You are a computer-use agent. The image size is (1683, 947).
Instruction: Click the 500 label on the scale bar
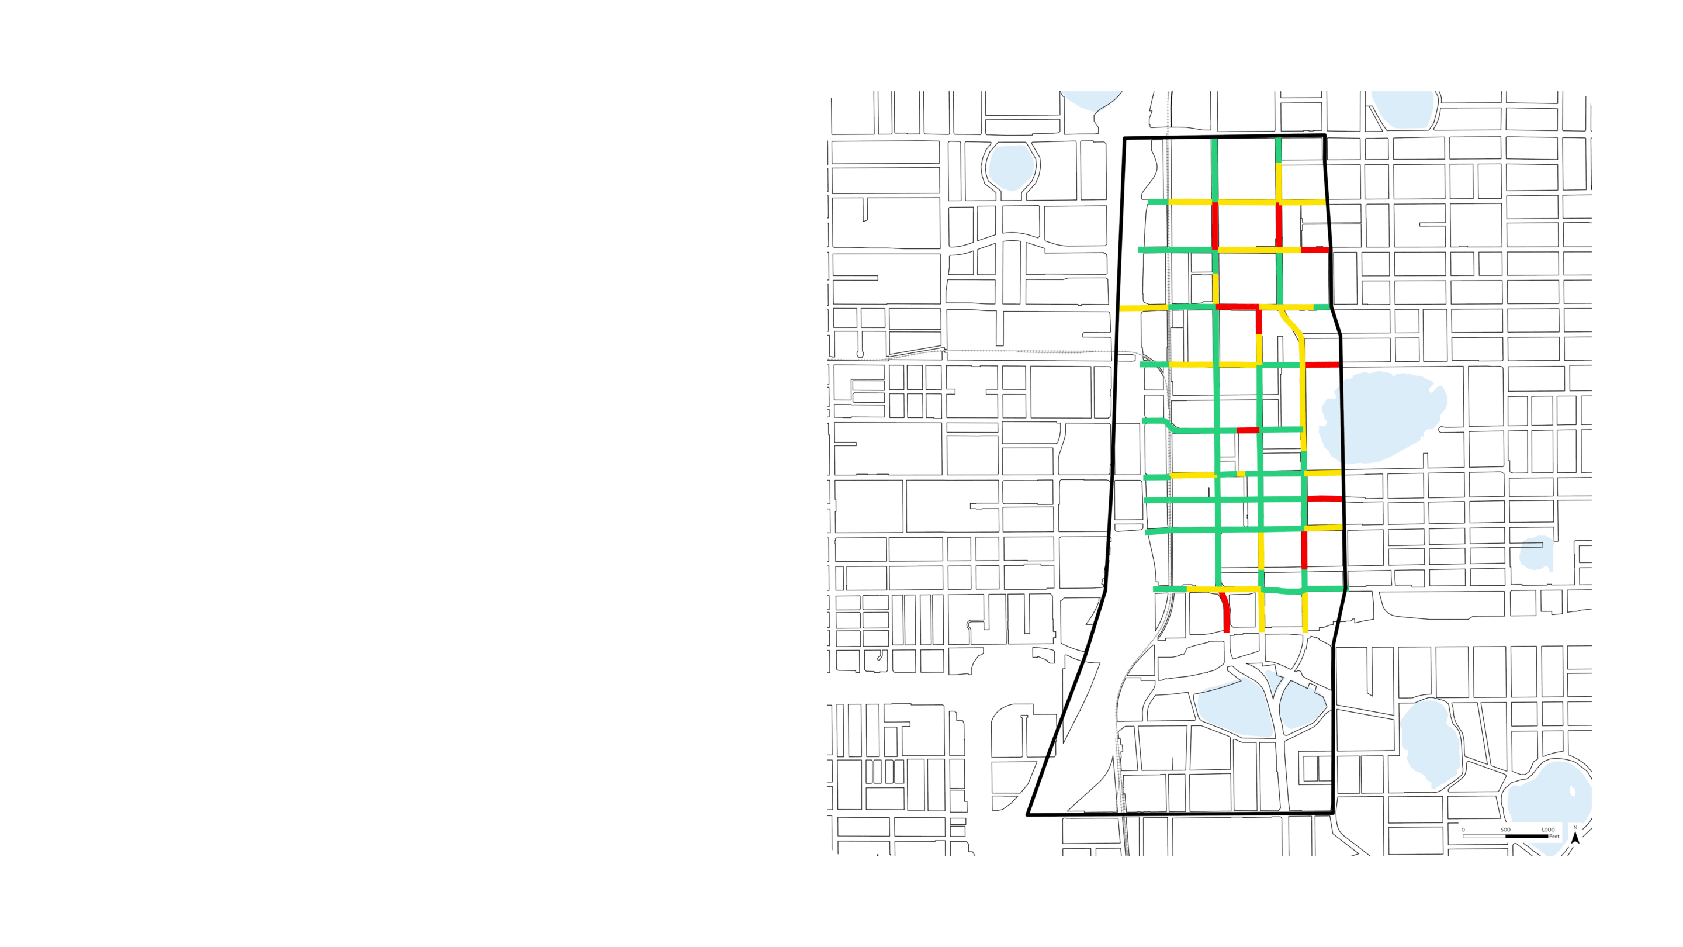[1505, 830]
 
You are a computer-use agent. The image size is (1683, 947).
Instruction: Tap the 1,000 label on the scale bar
[1548, 830]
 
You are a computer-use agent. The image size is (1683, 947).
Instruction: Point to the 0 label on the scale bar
[1463, 830]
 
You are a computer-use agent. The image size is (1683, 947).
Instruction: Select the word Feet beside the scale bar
[1554, 837]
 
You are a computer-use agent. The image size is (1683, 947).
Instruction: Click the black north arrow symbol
[1575, 838]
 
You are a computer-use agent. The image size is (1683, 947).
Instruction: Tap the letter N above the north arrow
[1575, 827]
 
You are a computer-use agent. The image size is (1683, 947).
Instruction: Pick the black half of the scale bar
[1526, 836]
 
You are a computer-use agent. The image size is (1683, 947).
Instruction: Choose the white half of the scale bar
[1484, 836]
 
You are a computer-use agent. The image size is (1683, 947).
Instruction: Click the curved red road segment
[1225, 610]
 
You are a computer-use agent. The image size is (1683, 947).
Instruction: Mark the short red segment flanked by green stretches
[1247, 430]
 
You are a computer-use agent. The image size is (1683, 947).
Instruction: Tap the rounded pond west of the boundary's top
[1011, 167]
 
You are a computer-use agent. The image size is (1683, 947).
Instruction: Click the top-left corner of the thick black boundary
[1124, 139]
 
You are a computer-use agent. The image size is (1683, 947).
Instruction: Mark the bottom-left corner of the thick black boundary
[1028, 815]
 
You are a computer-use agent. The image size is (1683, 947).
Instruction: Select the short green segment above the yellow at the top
[1278, 150]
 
